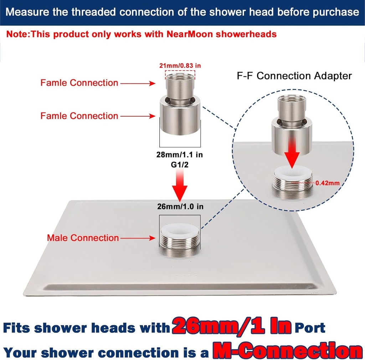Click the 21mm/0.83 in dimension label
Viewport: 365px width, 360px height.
tap(180, 65)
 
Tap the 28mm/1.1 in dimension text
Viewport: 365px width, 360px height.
tap(180, 155)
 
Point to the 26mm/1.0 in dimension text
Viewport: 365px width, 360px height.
tap(180, 206)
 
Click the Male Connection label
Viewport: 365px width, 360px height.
tap(83, 238)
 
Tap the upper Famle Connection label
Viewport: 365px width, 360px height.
tap(79, 83)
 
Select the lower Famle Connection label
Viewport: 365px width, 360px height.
tap(79, 116)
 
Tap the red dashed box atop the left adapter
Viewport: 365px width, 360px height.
tap(180, 75)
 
